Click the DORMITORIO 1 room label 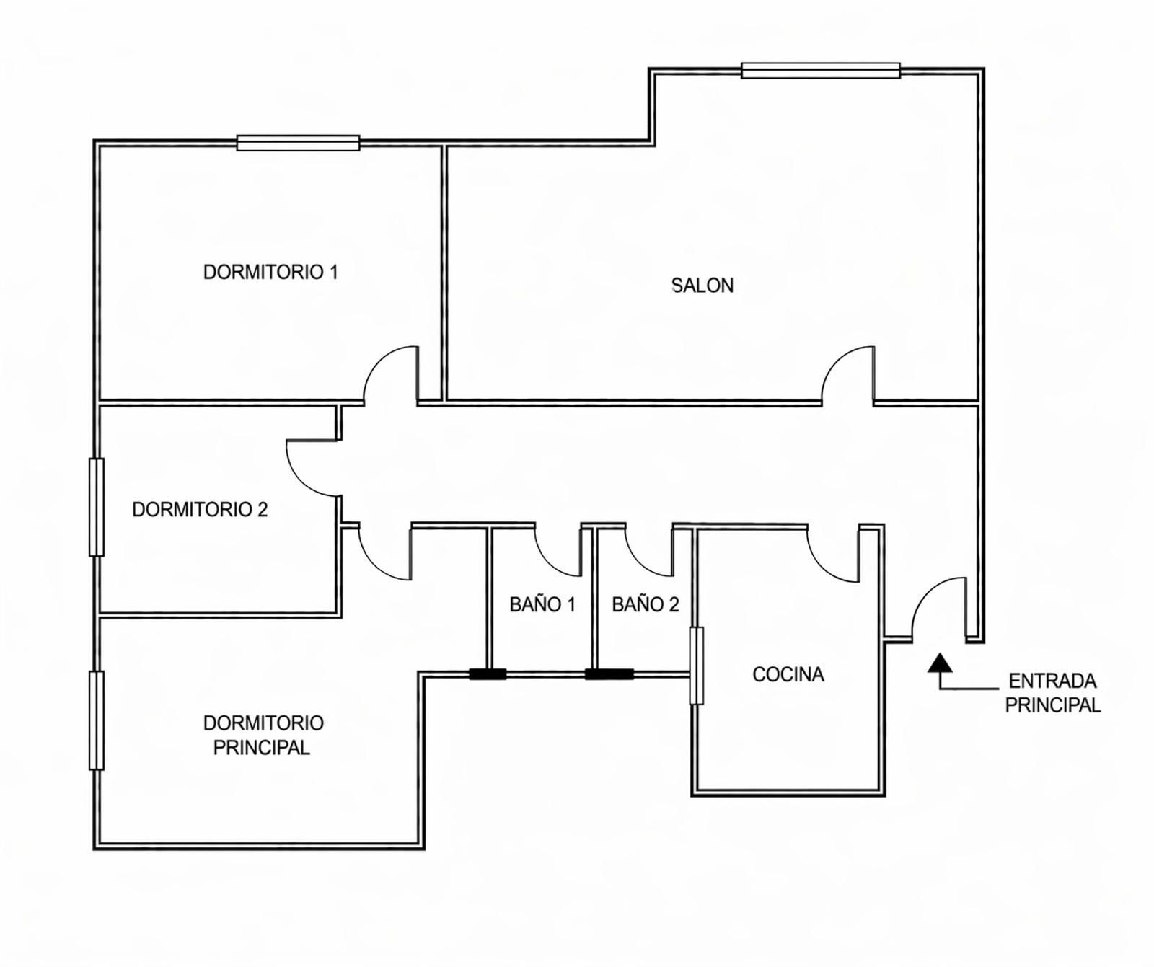[270, 273]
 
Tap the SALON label [702, 286]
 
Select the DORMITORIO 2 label [200, 510]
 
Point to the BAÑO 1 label [542, 604]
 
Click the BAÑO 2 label [646, 604]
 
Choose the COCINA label [788, 674]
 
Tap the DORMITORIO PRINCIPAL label [263, 735]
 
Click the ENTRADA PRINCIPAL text [1053, 692]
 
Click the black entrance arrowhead [939, 663]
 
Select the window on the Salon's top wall [821, 71]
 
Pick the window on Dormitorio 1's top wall [298, 143]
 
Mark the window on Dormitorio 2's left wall [97, 507]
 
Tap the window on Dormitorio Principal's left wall [97, 720]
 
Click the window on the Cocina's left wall [697, 666]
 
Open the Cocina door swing [823, 567]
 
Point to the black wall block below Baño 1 [488, 675]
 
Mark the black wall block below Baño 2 [609, 675]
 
